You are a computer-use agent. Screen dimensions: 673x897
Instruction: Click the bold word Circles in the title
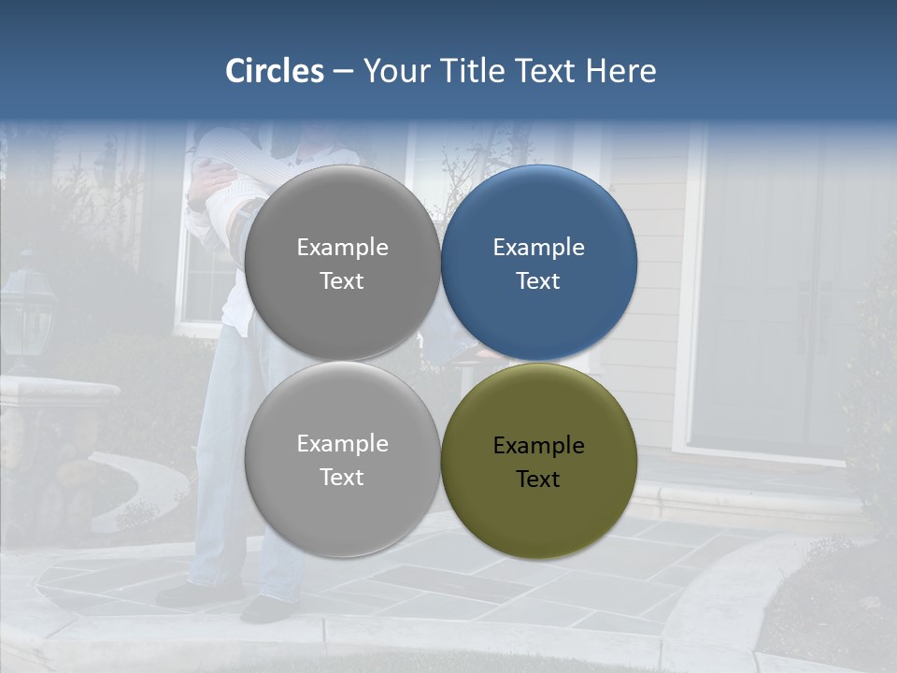pyautogui.click(x=274, y=71)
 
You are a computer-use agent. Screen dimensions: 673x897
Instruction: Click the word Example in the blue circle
pyautogui.click(x=539, y=247)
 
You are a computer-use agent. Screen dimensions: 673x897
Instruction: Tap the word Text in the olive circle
pyautogui.click(x=539, y=479)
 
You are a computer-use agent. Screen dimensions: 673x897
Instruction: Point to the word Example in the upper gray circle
pyautogui.click(x=342, y=247)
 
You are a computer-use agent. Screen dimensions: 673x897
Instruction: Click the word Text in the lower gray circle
pyautogui.click(x=342, y=477)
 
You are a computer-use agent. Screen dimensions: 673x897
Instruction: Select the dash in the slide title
pyautogui.click(x=343, y=72)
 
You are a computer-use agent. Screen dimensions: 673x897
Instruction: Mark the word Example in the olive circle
pyautogui.click(x=539, y=445)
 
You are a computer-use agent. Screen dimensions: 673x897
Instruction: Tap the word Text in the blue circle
pyautogui.click(x=539, y=280)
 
